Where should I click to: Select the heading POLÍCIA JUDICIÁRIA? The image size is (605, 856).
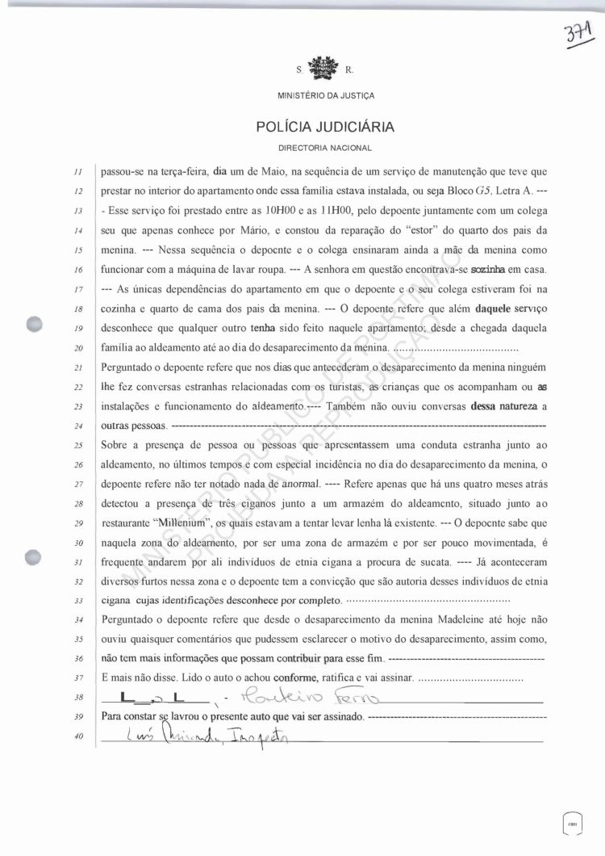325,127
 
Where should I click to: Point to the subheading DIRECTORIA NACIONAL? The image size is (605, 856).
325,149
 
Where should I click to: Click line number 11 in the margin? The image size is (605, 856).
78,172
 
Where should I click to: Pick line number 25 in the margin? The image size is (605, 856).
78,445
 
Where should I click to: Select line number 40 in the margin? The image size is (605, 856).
78,736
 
